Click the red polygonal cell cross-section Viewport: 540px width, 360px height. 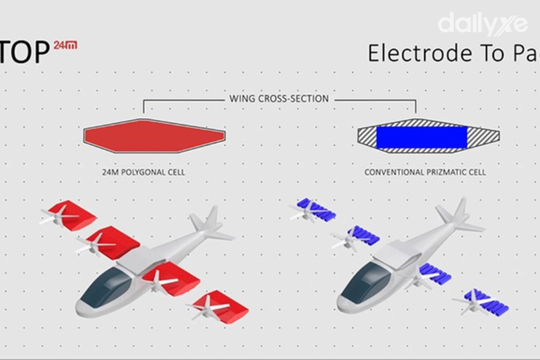[154, 136]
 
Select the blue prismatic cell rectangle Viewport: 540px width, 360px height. [421, 137]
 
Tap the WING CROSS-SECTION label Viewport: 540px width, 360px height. [279, 98]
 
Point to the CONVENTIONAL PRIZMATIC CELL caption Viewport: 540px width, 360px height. [425, 172]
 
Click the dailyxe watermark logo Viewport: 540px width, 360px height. [483, 24]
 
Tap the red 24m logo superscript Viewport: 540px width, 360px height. [65, 45]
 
